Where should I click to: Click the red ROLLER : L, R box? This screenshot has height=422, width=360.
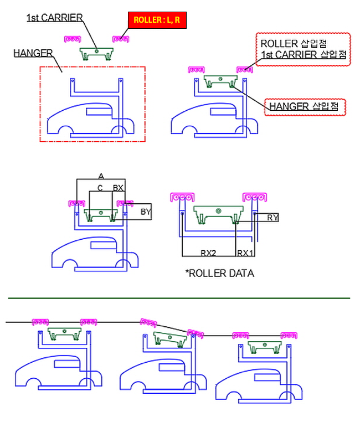[x=157, y=21]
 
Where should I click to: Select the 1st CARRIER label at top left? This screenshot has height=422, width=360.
[x=54, y=18]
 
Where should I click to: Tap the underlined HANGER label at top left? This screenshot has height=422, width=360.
[x=33, y=53]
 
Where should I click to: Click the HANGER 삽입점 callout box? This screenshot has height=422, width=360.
[x=305, y=106]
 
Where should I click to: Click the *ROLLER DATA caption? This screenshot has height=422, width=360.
[x=220, y=273]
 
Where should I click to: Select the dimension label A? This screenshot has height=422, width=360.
[x=101, y=176]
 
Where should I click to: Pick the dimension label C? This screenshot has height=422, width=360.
[x=100, y=188]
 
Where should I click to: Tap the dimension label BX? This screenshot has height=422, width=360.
[x=118, y=188]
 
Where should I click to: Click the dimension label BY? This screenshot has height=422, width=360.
[x=145, y=212]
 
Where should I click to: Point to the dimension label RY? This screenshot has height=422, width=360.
[x=272, y=218]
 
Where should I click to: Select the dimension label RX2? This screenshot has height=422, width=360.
[x=208, y=253]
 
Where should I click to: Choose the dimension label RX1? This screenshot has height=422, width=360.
[x=245, y=253]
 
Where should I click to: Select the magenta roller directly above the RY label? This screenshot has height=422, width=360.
[x=255, y=197]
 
